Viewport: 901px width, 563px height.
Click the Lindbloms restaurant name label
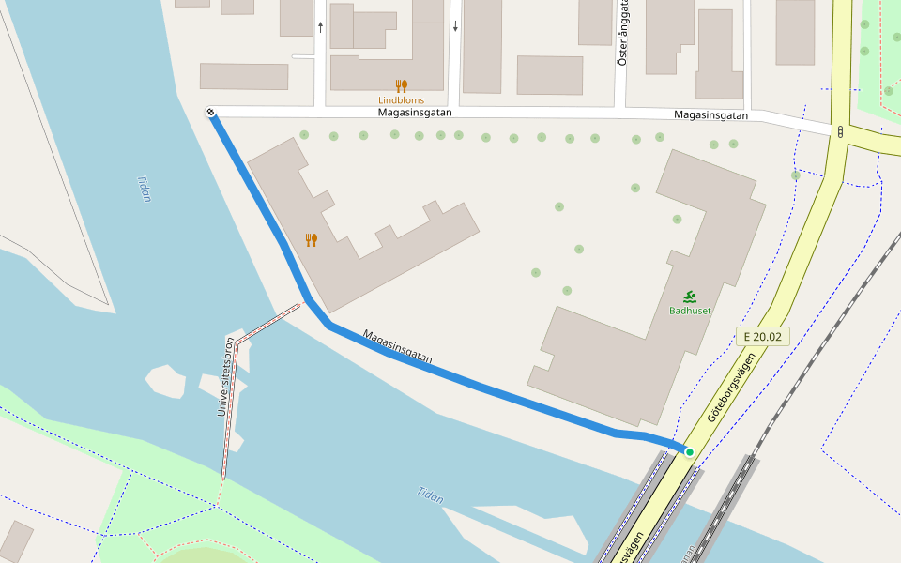[401, 100]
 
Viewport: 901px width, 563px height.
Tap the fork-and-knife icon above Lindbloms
[401, 85]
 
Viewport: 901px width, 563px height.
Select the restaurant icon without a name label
[312, 239]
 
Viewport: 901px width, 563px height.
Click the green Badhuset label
[690, 311]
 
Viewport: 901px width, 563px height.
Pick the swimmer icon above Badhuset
[690, 296]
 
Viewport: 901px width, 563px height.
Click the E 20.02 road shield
[761, 336]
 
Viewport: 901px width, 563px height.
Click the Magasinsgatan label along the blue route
[397, 345]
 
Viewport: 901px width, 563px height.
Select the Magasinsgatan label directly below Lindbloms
[415, 113]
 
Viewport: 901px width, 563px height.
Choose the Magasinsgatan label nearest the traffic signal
[710, 115]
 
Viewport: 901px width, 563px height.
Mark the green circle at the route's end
[690, 452]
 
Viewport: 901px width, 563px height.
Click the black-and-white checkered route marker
[211, 114]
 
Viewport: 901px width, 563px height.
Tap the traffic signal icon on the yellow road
[840, 131]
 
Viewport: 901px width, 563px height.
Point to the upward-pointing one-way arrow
[320, 27]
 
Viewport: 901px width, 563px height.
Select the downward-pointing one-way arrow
[455, 27]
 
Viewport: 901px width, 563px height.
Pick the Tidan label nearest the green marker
[430, 495]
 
